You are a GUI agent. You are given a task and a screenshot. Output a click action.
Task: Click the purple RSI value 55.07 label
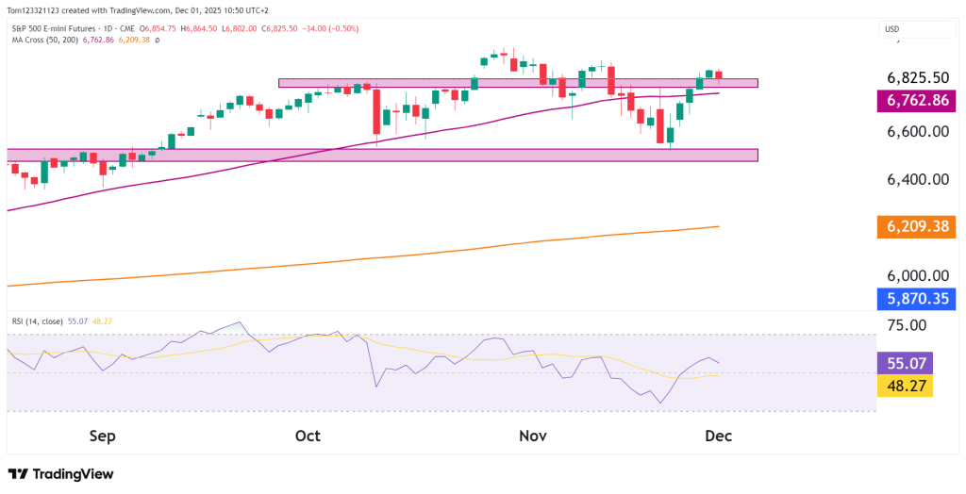coord(905,362)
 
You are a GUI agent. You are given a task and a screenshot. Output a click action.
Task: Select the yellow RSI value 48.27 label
coord(905,386)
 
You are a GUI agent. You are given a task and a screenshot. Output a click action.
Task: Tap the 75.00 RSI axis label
coord(903,325)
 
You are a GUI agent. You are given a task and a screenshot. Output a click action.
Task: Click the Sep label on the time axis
coord(102,436)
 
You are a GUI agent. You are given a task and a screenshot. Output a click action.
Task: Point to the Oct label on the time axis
coord(308,436)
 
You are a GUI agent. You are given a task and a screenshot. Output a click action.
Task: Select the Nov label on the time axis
coord(533,436)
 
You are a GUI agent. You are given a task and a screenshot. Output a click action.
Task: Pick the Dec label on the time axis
coord(718,436)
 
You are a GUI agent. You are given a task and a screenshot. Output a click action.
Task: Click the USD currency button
coord(891,30)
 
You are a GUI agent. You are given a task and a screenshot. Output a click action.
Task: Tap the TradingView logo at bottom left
coord(61,473)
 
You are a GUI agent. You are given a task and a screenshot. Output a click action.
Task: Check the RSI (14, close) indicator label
coord(38,321)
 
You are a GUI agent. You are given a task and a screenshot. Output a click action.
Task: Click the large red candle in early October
coord(376,111)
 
